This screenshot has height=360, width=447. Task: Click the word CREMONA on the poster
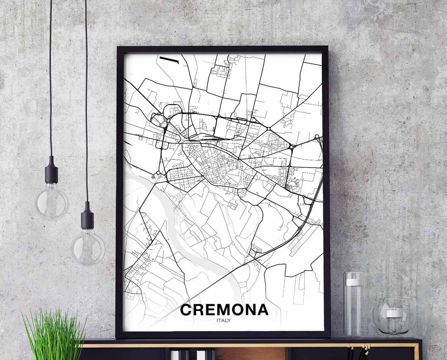point(224,310)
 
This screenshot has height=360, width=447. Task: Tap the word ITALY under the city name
point(224,320)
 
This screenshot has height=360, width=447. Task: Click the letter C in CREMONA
point(186,310)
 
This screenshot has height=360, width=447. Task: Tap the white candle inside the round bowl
point(394,313)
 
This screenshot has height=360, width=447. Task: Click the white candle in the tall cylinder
point(353,282)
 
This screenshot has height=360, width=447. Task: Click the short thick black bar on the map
point(169,60)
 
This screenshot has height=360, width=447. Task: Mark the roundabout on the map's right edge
point(317,137)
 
